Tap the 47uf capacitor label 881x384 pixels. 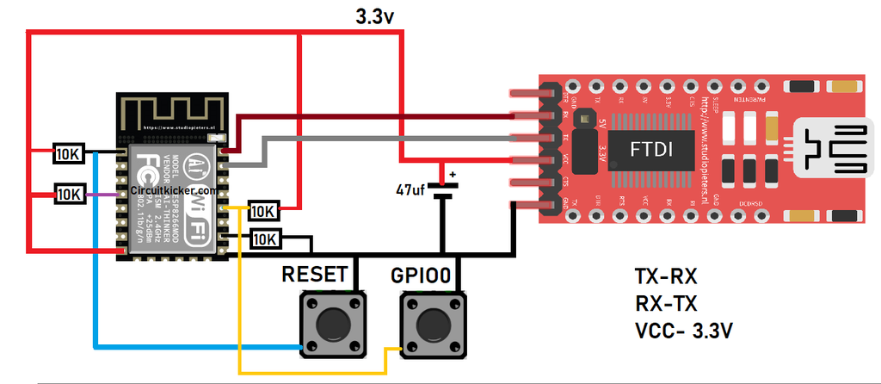point(412,189)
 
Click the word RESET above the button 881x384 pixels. point(315,275)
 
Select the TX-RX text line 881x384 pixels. point(665,277)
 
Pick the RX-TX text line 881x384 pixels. point(665,303)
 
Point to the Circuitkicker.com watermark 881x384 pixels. point(173,191)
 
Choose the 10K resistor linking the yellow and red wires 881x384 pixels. point(262,210)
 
